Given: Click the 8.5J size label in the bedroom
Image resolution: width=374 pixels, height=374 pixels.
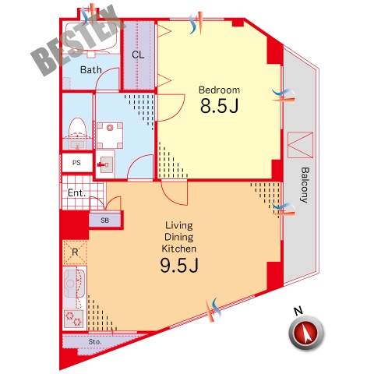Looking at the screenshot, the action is (219, 105).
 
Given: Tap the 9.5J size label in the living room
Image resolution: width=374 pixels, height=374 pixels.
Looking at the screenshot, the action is (179, 265).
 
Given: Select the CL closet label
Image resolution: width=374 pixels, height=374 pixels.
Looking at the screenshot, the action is (138, 55).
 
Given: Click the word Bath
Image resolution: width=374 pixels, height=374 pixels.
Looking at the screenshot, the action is (90, 69).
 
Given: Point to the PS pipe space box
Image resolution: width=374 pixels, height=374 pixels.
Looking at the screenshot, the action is (77, 163).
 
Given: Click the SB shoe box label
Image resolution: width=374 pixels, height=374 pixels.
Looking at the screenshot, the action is (104, 221).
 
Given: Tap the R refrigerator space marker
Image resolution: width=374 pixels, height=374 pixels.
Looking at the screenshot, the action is (75, 252).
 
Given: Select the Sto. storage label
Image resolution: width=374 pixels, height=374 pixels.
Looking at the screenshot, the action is (94, 342).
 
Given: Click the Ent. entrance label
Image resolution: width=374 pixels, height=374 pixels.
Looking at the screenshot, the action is (76, 192).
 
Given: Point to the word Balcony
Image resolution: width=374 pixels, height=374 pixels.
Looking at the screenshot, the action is (305, 185).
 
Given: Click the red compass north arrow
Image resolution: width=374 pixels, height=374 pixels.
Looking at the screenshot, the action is (306, 333).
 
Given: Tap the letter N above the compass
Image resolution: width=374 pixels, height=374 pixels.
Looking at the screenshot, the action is (298, 311).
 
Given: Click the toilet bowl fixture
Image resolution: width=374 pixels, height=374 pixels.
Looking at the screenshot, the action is (78, 129).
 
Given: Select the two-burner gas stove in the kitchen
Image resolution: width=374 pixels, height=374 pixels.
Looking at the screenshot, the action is (74, 319).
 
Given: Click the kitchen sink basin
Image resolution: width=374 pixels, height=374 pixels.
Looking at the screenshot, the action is (74, 284).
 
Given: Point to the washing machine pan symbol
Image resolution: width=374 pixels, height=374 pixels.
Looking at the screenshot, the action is (110, 136).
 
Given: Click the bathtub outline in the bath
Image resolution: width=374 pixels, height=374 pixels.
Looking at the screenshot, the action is (91, 37).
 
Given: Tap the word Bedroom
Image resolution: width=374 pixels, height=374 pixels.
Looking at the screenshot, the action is (219, 90).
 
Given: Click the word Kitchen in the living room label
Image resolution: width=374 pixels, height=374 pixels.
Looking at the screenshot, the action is (179, 249).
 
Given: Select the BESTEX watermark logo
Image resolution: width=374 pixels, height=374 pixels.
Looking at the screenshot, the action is (78, 41).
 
